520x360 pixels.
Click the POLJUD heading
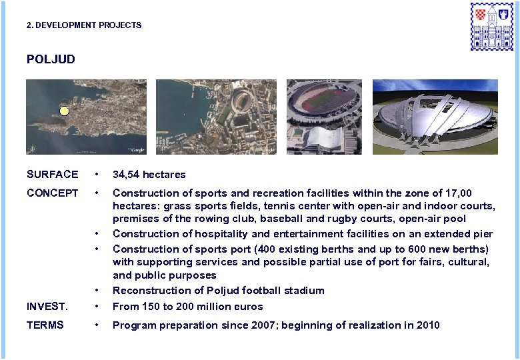click(x=51, y=59)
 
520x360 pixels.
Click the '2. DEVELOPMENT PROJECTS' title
click(x=84, y=25)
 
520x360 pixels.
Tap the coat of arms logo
click(x=492, y=26)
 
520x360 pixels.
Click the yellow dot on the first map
click(x=64, y=111)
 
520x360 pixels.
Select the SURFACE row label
click(x=52, y=175)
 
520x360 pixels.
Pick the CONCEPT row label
click(x=52, y=193)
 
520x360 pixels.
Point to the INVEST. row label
click(x=47, y=307)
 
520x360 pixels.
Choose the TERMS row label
click(x=45, y=325)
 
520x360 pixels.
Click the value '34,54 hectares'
click(x=149, y=175)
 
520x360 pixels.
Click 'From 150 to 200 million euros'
click(x=187, y=307)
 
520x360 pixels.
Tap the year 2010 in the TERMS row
click(x=428, y=325)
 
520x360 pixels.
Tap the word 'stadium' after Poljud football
click(x=305, y=291)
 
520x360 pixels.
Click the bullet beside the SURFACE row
click(x=97, y=175)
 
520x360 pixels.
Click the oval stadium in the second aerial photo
click(x=241, y=101)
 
